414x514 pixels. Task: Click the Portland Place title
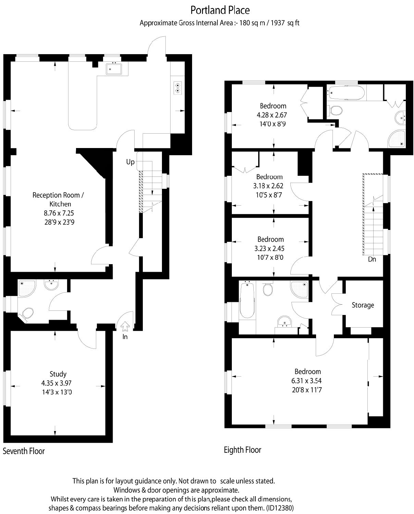tap(220, 10)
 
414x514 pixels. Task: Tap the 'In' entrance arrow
tap(125, 326)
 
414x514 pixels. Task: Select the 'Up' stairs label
tap(130, 162)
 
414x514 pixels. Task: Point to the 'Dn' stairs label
tap(372, 259)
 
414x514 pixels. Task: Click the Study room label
tap(58, 374)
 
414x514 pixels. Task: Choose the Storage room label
tap(363, 305)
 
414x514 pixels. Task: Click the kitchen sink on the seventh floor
tap(114, 69)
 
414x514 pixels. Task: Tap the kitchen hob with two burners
tap(178, 88)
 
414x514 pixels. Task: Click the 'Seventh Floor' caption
tap(24, 451)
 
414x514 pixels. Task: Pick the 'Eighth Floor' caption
tap(242, 450)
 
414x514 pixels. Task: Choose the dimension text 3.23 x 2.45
tap(271, 248)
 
